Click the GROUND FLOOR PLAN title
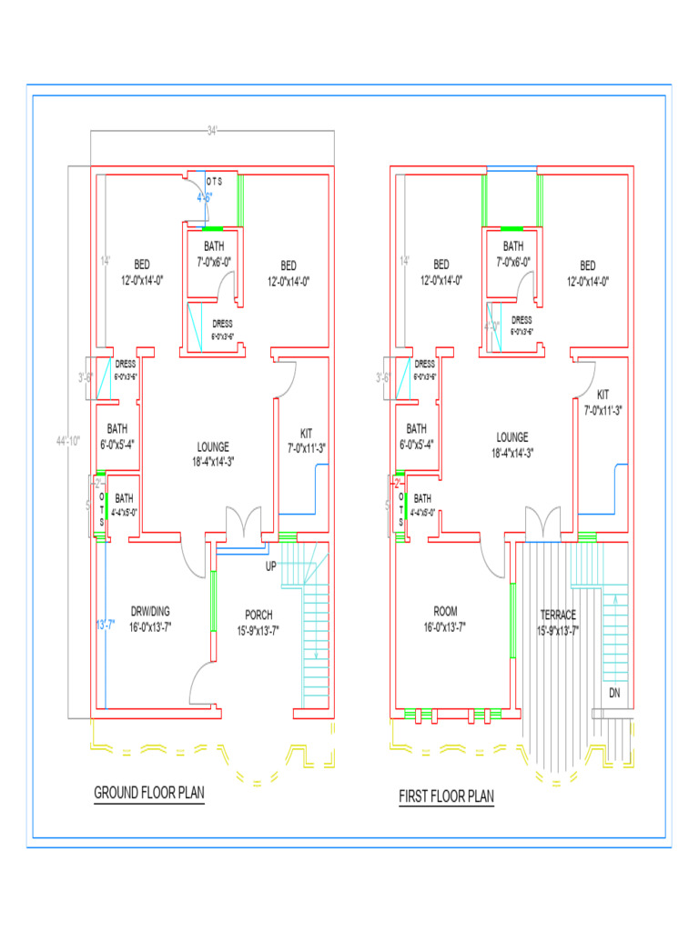pos(149,793)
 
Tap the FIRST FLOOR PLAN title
pos(446,797)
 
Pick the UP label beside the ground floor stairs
pos(271,566)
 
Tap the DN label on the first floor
pos(615,692)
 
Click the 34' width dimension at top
pos(212,131)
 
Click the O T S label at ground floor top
pos(214,182)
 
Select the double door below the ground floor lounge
pos(242,525)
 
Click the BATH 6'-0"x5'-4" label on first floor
pos(416,435)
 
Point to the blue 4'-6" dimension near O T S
pos(205,196)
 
